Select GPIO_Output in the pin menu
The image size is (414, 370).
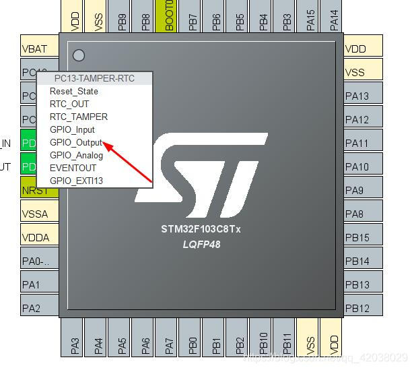[x=76, y=142]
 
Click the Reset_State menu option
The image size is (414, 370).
[x=73, y=91]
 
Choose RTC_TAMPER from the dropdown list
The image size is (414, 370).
[x=78, y=117]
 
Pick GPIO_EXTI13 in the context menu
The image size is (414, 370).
[x=76, y=181]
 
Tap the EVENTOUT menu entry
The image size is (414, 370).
[x=73, y=168]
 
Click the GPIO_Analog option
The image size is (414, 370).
[x=76, y=155]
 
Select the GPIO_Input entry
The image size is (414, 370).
[x=72, y=129]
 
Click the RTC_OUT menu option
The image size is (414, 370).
[x=69, y=104]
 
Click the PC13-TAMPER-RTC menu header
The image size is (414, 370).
[x=94, y=78]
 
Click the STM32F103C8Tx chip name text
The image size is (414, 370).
[x=201, y=228]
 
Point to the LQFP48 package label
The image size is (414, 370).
[x=201, y=244]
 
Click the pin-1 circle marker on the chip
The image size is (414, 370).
[x=79, y=55]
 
